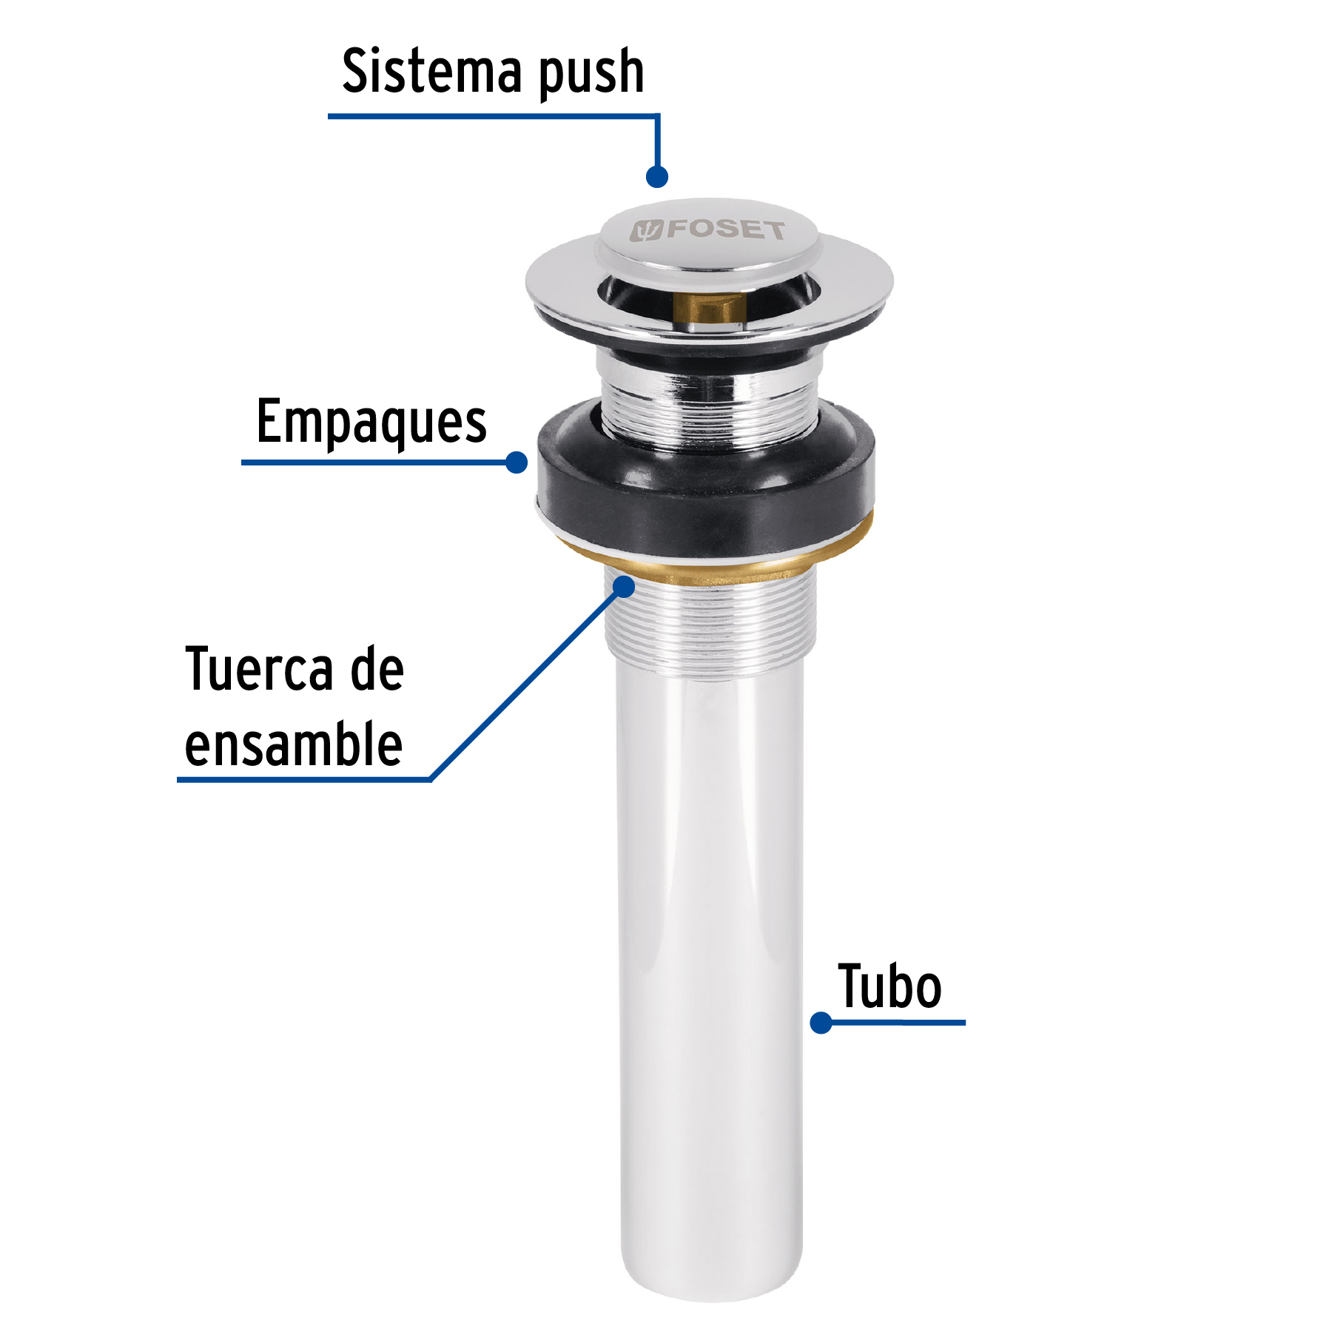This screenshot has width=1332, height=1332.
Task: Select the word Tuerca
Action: point(258,670)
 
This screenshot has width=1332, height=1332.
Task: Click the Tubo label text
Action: point(889,987)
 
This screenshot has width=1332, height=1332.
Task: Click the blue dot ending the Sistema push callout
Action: point(657,177)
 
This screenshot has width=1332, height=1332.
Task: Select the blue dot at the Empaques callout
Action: point(517,462)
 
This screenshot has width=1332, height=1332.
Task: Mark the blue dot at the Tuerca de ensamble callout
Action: point(625,587)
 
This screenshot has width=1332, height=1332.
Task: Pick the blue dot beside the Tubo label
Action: point(821,1023)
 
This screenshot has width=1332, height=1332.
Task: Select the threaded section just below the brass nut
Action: point(710,629)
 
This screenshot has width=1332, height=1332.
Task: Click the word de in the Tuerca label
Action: point(377,670)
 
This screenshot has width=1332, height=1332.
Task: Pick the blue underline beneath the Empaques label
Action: point(370,462)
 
